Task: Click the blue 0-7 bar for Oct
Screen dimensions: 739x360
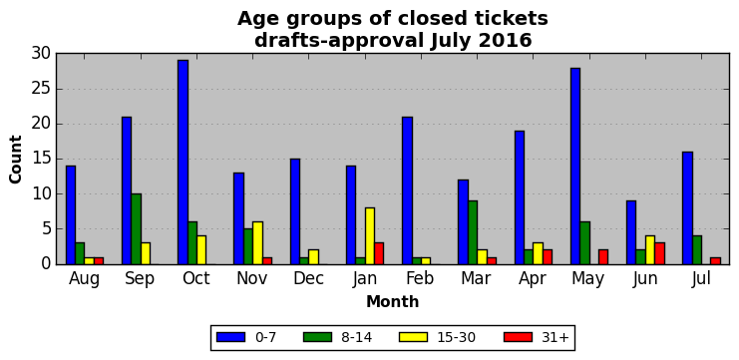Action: [x=183, y=163]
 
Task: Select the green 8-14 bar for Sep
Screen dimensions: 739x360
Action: [x=137, y=229]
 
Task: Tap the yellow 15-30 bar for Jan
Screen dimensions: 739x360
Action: [x=369, y=236]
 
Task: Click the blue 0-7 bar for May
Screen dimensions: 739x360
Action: [x=575, y=166]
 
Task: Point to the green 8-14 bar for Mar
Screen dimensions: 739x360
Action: [x=473, y=232]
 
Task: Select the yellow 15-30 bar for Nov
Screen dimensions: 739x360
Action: [x=257, y=243]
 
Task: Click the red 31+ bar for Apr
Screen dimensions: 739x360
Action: [x=548, y=257]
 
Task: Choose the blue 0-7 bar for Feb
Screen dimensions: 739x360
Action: [x=407, y=190]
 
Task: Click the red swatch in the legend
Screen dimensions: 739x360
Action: [x=519, y=337]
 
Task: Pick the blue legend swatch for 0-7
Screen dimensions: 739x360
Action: [x=230, y=337]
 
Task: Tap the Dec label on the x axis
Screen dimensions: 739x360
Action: [x=309, y=278]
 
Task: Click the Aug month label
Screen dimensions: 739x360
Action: [x=85, y=279]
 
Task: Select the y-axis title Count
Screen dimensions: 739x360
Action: [x=16, y=160]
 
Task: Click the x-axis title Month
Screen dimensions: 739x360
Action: [x=393, y=301]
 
